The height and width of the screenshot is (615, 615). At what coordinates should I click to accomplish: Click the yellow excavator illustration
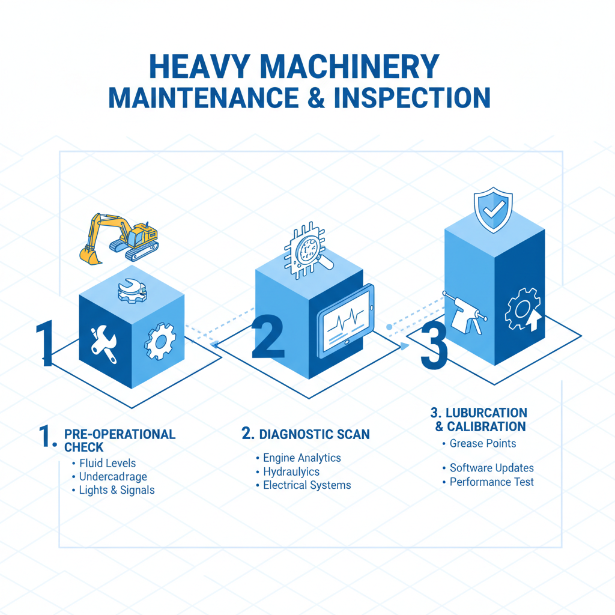(x=120, y=237)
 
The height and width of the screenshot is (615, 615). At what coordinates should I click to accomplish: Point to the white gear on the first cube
(x=160, y=341)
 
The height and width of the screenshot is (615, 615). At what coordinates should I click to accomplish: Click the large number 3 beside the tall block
(x=434, y=347)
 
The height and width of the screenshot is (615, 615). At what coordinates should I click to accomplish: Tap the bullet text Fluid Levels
(x=108, y=463)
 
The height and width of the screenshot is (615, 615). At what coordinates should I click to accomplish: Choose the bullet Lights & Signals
(x=117, y=490)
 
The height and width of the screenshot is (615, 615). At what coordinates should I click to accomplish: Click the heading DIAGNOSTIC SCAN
(x=314, y=434)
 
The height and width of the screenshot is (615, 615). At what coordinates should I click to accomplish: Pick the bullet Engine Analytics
(x=302, y=458)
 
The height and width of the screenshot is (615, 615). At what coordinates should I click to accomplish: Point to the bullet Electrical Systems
(x=307, y=485)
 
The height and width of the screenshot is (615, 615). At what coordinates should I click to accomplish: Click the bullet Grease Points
(x=483, y=443)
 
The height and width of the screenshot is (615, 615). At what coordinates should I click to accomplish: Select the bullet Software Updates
(x=491, y=468)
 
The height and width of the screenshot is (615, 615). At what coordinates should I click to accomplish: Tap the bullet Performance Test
(x=491, y=482)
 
